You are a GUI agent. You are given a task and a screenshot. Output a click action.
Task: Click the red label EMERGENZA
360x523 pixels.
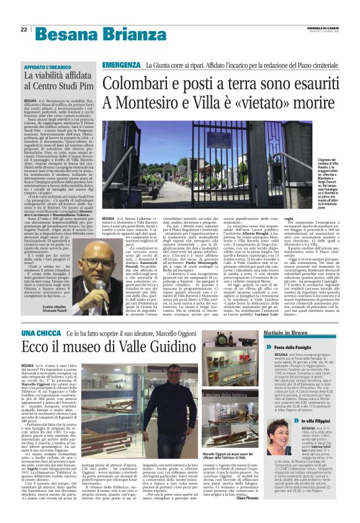(121, 65)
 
